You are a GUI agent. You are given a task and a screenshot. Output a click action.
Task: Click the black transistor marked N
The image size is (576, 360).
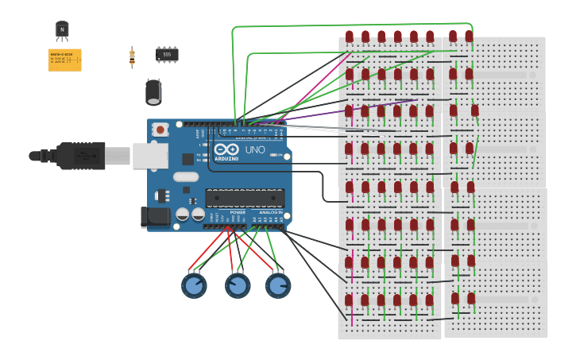coord(62,30)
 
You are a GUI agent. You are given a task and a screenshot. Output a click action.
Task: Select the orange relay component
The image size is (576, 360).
coord(64,60)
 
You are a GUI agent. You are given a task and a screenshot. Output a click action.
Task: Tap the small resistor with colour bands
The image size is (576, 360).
coord(132,56)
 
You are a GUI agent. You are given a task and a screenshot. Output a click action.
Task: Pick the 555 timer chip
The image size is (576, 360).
coord(167,54)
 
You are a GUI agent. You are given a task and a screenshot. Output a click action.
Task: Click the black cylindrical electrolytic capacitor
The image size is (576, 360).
coord(153,91)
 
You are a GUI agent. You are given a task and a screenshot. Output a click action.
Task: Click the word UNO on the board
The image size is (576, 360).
coord(255,150)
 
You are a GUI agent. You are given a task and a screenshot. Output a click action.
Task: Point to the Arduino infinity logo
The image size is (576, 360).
coord(226,150)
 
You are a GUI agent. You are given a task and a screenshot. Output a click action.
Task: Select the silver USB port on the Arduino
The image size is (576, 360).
coord(149,156)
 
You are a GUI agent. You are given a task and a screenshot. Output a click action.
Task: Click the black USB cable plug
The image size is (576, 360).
coord(79,156)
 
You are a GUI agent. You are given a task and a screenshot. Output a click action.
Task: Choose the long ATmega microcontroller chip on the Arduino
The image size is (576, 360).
coord(245,198)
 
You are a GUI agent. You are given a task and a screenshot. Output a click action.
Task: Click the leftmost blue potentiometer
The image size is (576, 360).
coord(194,285)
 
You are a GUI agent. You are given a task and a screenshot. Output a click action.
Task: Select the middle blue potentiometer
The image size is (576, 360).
coord(238,285)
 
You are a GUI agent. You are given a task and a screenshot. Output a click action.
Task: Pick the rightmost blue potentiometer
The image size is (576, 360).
coord(278,285)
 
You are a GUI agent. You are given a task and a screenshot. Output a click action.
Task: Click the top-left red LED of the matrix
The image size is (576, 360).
coord(350,37)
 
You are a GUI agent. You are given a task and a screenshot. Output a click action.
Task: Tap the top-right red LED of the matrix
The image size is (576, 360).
coord(469,37)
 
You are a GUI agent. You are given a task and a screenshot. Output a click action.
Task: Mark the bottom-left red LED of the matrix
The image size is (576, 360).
coord(349,300)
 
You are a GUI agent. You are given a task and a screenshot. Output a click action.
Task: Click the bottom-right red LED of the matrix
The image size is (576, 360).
coord(471,299)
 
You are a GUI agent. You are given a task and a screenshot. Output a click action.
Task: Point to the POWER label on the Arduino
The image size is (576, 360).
coord(238,212)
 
